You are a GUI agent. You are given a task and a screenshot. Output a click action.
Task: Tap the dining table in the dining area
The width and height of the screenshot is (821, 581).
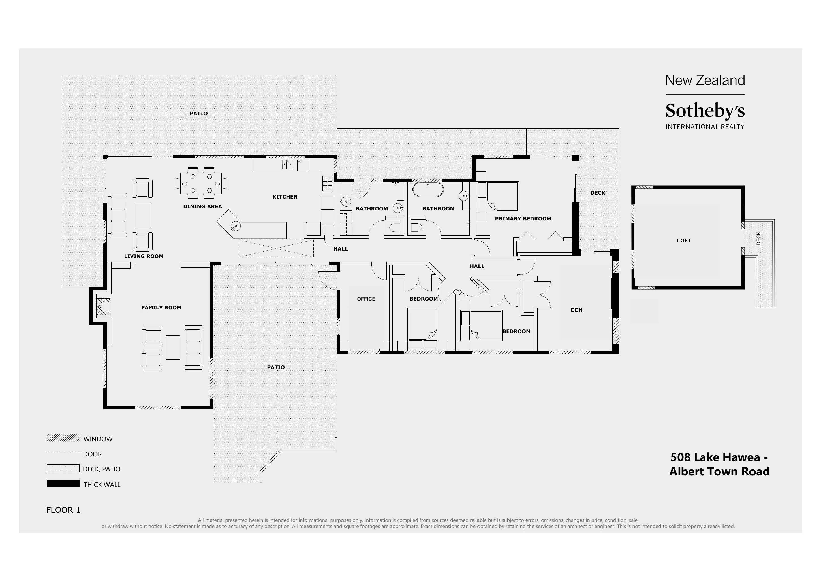201,184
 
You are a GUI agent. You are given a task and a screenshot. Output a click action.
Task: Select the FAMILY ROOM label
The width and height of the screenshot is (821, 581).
161,308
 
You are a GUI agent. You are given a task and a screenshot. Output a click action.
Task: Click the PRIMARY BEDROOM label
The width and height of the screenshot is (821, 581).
523,219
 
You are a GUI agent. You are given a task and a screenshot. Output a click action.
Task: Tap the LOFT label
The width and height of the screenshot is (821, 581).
683,241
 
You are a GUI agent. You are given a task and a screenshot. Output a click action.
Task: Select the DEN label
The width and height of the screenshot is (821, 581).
576,310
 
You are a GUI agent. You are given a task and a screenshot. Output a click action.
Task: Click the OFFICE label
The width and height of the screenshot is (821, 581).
366,299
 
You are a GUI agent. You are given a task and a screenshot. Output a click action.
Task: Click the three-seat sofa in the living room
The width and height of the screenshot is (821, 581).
118,215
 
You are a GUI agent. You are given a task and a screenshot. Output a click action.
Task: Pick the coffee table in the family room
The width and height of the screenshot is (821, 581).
173,347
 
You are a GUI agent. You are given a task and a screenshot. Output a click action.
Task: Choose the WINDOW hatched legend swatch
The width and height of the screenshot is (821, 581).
63,438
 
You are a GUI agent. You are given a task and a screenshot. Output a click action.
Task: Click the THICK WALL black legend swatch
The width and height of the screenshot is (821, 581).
63,484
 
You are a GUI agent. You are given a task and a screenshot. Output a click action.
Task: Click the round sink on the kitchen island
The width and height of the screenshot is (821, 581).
236,226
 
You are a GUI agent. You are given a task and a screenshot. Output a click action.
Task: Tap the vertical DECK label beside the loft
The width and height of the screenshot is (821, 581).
758,239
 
